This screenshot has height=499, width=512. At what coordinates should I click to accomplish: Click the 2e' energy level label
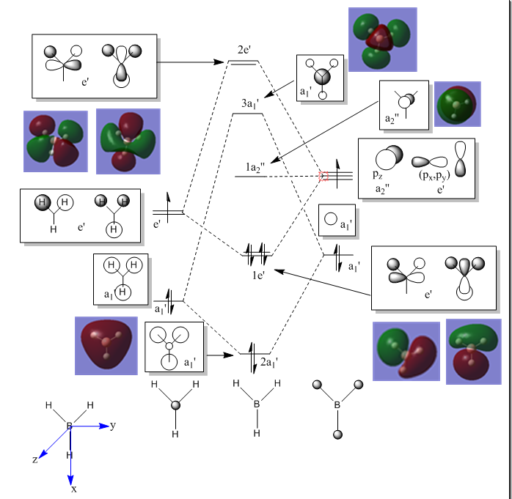pyautogui.click(x=244, y=50)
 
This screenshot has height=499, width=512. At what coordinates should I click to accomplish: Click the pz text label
pyautogui.click(x=377, y=176)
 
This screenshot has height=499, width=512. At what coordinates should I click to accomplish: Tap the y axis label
pyautogui.click(x=113, y=425)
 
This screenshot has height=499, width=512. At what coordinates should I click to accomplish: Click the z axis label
pyautogui.click(x=34, y=459)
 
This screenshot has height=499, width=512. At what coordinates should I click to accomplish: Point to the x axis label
pyautogui.click(x=73, y=487)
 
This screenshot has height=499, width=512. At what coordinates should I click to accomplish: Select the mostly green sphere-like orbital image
pyautogui.click(x=457, y=104)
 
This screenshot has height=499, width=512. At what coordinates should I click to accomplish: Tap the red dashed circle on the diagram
pyautogui.click(x=324, y=175)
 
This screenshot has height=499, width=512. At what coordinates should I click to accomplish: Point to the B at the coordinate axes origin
pyautogui.click(x=70, y=426)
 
